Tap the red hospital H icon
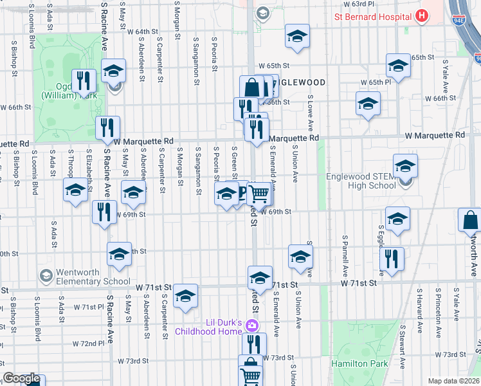coord(422,16)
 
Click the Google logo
coord(21,378)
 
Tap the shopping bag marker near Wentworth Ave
coord(470,219)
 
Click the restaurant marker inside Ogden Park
coord(84,80)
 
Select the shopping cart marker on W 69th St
coord(259,192)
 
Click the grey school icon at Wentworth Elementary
coord(46,276)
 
